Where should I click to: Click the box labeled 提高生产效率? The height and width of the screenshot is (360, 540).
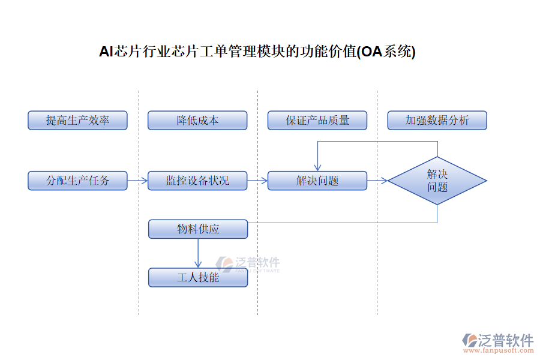pyautogui.click(x=77, y=121)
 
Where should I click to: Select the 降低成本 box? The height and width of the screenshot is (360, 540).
pyautogui.click(x=197, y=121)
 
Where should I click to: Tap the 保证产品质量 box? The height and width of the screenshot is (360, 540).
pyautogui.click(x=317, y=121)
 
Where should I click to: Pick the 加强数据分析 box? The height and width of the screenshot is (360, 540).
pyautogui.click(x=437, y=121)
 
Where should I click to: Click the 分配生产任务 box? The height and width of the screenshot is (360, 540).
pyautogui.click(x=77, y=181)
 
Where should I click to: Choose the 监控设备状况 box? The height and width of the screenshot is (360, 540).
pyautogui.click(x=197, y=181)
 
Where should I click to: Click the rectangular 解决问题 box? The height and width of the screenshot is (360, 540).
pyautogui.click(x=317, y=181)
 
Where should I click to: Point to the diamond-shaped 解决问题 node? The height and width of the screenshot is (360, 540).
pyautogui.click(x=437, y=181)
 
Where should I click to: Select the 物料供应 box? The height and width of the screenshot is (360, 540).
pyautogui.click(x=198, y=229)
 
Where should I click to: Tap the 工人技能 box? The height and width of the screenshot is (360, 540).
pyautogui.click(x=198, y=277)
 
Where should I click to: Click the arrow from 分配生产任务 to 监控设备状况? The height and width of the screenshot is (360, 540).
pyautogui.click(x=137, y=181)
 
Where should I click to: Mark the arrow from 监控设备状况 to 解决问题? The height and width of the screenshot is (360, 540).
pyautogui.click(x=257, y=181)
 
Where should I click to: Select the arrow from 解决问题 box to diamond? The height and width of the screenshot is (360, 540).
pyautogui.click(x=377, y=181)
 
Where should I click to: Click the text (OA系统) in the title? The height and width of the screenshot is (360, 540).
pyautogui.click(x=386, y=52)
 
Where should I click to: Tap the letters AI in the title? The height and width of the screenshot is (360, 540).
pyautogui.click(x=106, y=52)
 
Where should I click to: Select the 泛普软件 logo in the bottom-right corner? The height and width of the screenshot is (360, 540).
pyautogui.click(x=498, y=340)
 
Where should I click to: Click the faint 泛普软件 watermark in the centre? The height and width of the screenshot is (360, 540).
pyautogui.click(x=248, y=264)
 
